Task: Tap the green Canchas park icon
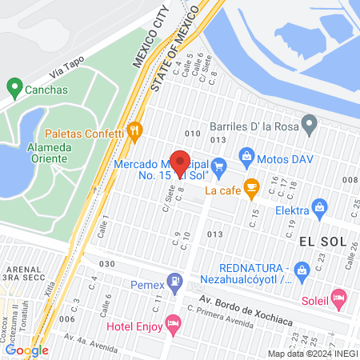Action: coord(14,86)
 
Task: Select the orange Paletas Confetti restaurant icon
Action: coord(134,129)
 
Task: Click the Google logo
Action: coord(26,350)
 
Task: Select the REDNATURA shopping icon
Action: coord(302,270)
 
